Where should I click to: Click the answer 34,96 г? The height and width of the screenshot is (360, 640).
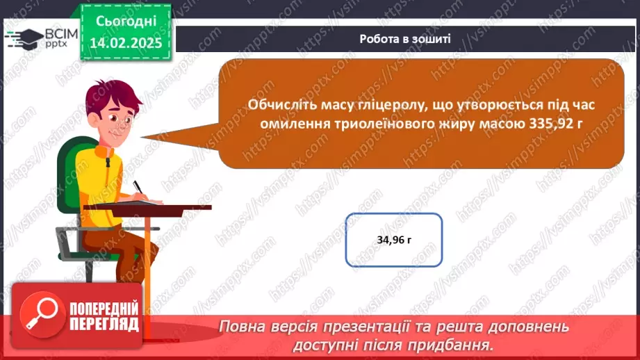(x=393, y=240)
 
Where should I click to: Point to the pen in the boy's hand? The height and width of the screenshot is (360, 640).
(x=138, y=188)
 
